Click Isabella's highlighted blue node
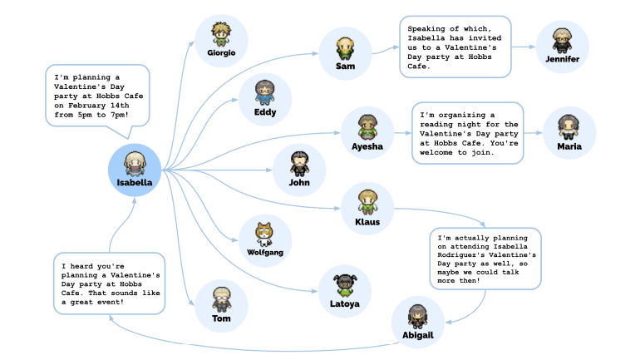pos(134,170)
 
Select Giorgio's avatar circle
pos(221,39)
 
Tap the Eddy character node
pos(265,98)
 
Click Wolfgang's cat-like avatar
pos(265,239)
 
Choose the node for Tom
pos(221,305)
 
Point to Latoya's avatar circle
pos(345,290)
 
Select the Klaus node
pos(367,208)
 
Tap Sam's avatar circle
pos(345,52)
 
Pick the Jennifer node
pos(563,46)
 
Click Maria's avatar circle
pos(569,133)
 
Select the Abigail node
pos(417,322)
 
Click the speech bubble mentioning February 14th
pos(97,94)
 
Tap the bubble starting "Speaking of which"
pos(454,47)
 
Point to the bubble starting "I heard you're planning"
pos(108,283)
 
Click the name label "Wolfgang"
pos(265,251)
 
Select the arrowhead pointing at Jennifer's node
pos(532,47)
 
